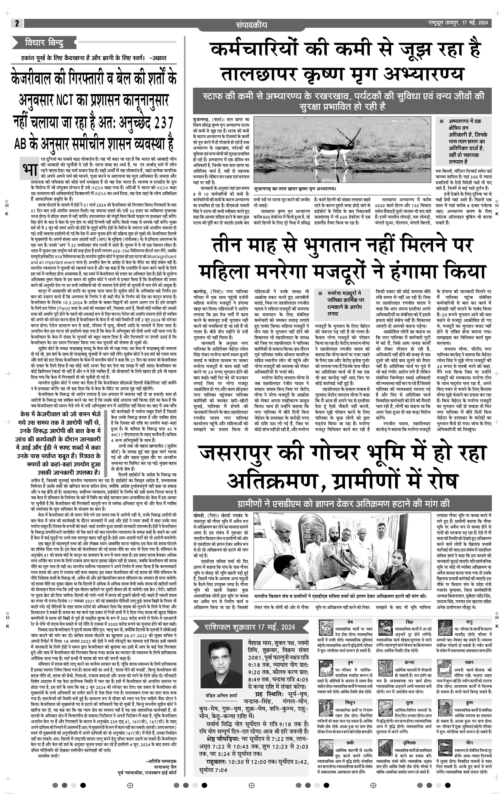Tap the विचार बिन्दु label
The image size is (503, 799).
click(44, 43)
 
